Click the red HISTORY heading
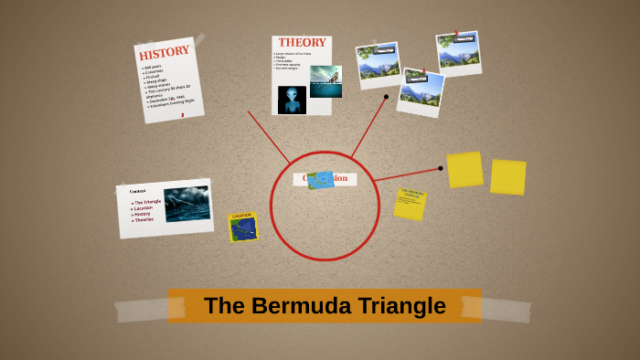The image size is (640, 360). [165, 52]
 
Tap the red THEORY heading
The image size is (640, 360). [302, 43]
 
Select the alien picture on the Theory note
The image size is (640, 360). [292, 100]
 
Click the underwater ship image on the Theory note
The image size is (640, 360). [325, 81]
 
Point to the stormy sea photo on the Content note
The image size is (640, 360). [187, 203]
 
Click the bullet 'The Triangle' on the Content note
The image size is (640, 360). [148, 201]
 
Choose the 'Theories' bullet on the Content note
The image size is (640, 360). [144, 220]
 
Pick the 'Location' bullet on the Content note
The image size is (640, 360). [144, 207]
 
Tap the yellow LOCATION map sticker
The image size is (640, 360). [243, 228]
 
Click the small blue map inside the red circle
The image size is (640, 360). [321, 180]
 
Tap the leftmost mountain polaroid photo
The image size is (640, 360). [378, 63]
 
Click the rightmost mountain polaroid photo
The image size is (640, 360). [458, 52]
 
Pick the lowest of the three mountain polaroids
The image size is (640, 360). [421, 91]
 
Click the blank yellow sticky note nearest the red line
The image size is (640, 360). [464, 169]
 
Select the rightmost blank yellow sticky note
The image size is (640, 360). [507, 176]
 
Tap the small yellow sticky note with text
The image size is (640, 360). [410, 203]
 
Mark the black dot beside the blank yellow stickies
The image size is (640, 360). [440, 168]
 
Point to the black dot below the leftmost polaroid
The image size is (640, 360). [386, 96]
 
